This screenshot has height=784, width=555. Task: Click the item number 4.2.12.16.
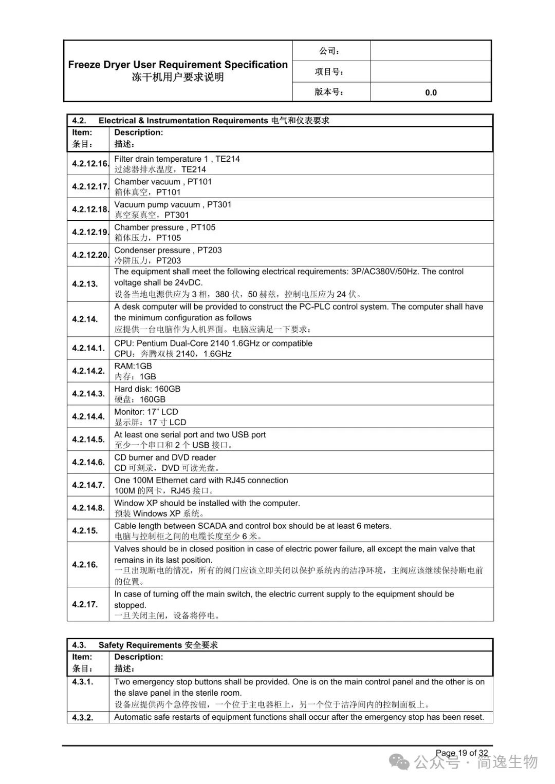90,164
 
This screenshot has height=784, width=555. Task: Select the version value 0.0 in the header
431,92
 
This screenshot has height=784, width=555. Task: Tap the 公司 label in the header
329,51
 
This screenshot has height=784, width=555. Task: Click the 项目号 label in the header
329,72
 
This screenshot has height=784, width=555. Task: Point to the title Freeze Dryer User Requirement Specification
178,65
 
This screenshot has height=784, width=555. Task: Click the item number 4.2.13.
85,283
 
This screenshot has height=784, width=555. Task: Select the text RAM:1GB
133,366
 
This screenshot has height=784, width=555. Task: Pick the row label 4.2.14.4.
88,416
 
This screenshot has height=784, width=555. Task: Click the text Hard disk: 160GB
147,389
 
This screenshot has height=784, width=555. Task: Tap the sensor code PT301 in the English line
219,204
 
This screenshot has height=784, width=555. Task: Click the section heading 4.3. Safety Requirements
145,645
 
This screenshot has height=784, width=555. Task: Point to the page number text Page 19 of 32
461,753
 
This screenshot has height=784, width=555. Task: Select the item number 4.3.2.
83,717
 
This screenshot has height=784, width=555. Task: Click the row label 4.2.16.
85,564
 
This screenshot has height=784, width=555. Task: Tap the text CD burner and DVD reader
165,457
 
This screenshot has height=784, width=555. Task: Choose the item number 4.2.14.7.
88,485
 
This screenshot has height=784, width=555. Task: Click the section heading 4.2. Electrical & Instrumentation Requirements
200,121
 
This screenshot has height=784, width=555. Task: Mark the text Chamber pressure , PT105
165,227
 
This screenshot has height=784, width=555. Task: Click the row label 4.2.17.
85,604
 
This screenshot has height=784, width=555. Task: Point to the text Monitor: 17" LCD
146,412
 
